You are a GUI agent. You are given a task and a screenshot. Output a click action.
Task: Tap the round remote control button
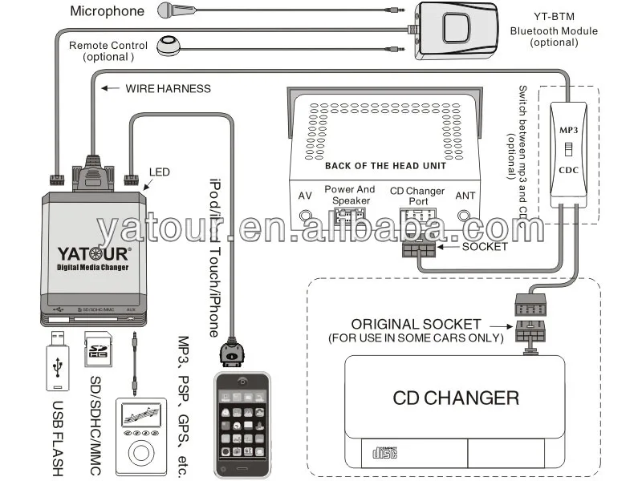tap(169, 46)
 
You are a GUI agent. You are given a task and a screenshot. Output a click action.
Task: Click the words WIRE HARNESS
tap(168, 88)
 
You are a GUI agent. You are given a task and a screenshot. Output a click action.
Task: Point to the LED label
tap(160, 172)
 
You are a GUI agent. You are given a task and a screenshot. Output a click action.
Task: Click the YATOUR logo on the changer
tap(95, 254)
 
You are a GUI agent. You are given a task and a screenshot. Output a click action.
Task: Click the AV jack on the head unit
tap(306, 215)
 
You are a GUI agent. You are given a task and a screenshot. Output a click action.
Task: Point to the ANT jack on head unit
tap(465, 215)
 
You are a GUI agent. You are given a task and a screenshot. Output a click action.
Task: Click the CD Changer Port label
tap(417, 196)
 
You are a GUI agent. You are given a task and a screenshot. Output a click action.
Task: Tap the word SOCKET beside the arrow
tap(485, 246)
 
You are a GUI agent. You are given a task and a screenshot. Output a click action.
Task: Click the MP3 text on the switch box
tap(568, 128)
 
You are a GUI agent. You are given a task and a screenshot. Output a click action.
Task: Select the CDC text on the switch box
tap(568, 170)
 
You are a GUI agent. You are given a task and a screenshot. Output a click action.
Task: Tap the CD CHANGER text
tap(455, 397)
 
